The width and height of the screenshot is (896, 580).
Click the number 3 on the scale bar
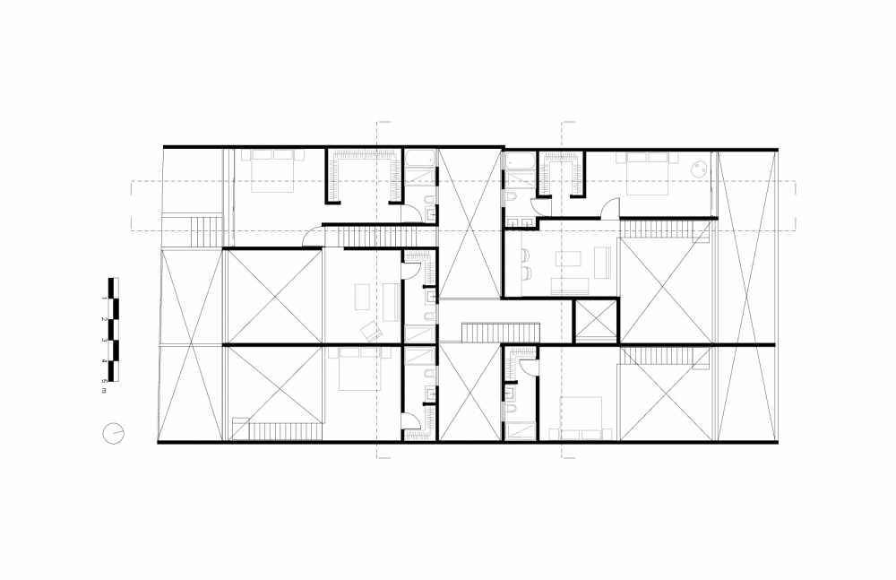tap(104, 340)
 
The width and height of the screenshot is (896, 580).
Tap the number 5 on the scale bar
tap(104, 381)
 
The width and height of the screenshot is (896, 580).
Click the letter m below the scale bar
tap(104, 391)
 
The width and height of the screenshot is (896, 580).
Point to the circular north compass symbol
tap(113, 433)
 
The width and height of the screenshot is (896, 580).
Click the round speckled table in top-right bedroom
tap(698, 169)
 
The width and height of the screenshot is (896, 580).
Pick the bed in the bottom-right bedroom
tap(582, 418)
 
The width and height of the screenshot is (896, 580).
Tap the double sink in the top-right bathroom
tap(520, 223)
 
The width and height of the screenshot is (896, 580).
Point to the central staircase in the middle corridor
tap(501, 333)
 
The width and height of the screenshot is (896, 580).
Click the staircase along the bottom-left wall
tap(278, 430)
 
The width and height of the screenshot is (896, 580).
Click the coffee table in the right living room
tap(569, 259)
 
